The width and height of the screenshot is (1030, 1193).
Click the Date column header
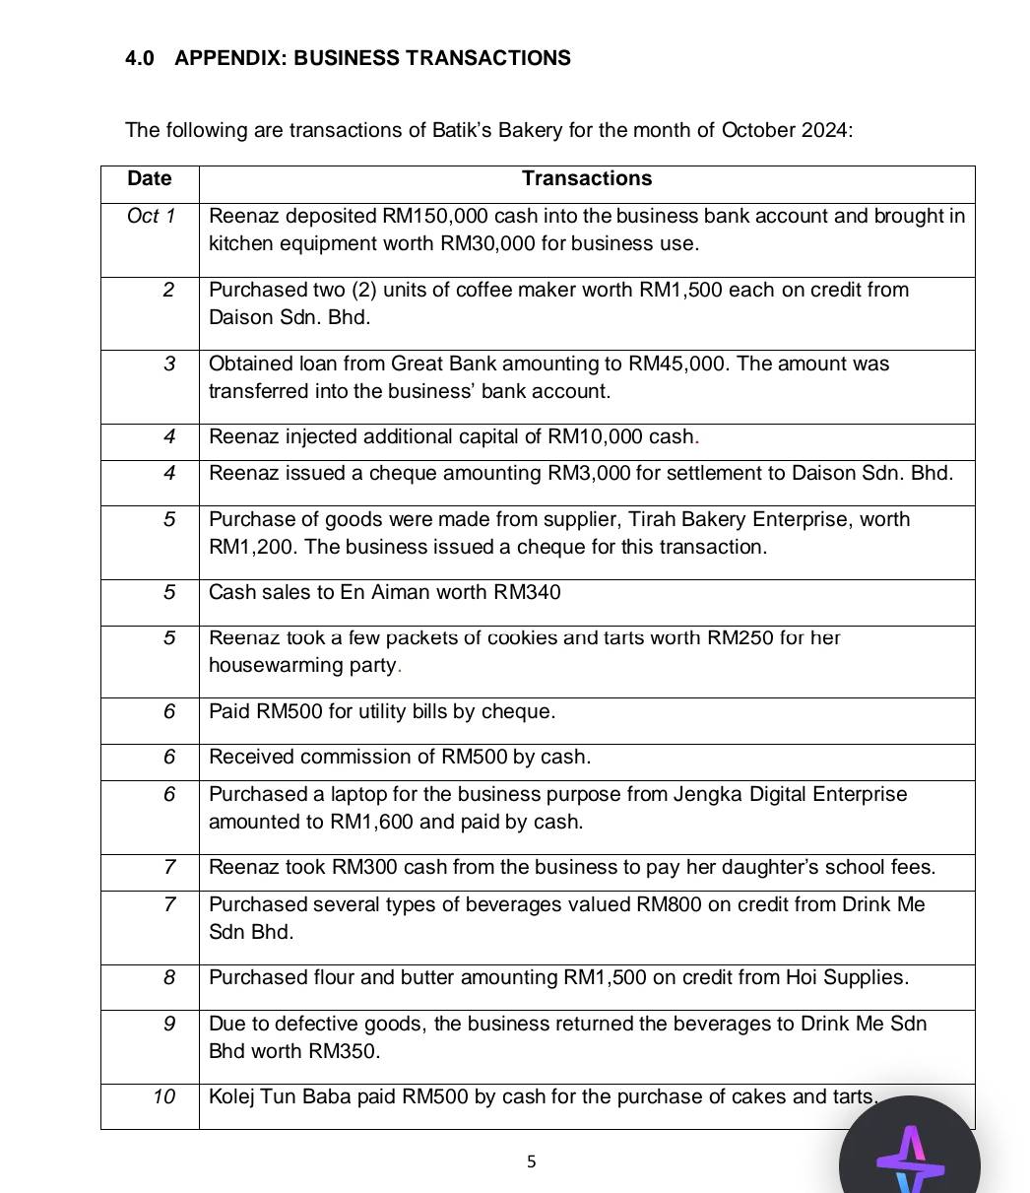click(x=150, y=178)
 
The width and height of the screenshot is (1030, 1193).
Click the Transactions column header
click(x=587, y=178)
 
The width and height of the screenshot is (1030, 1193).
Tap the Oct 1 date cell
click(x=151, y=217)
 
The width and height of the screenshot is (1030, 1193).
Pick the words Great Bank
click(x=438, y=365)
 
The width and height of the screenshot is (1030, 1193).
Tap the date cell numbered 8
click(x=168, y=977)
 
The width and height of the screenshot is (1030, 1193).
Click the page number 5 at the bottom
click(x=532, y=1162)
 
